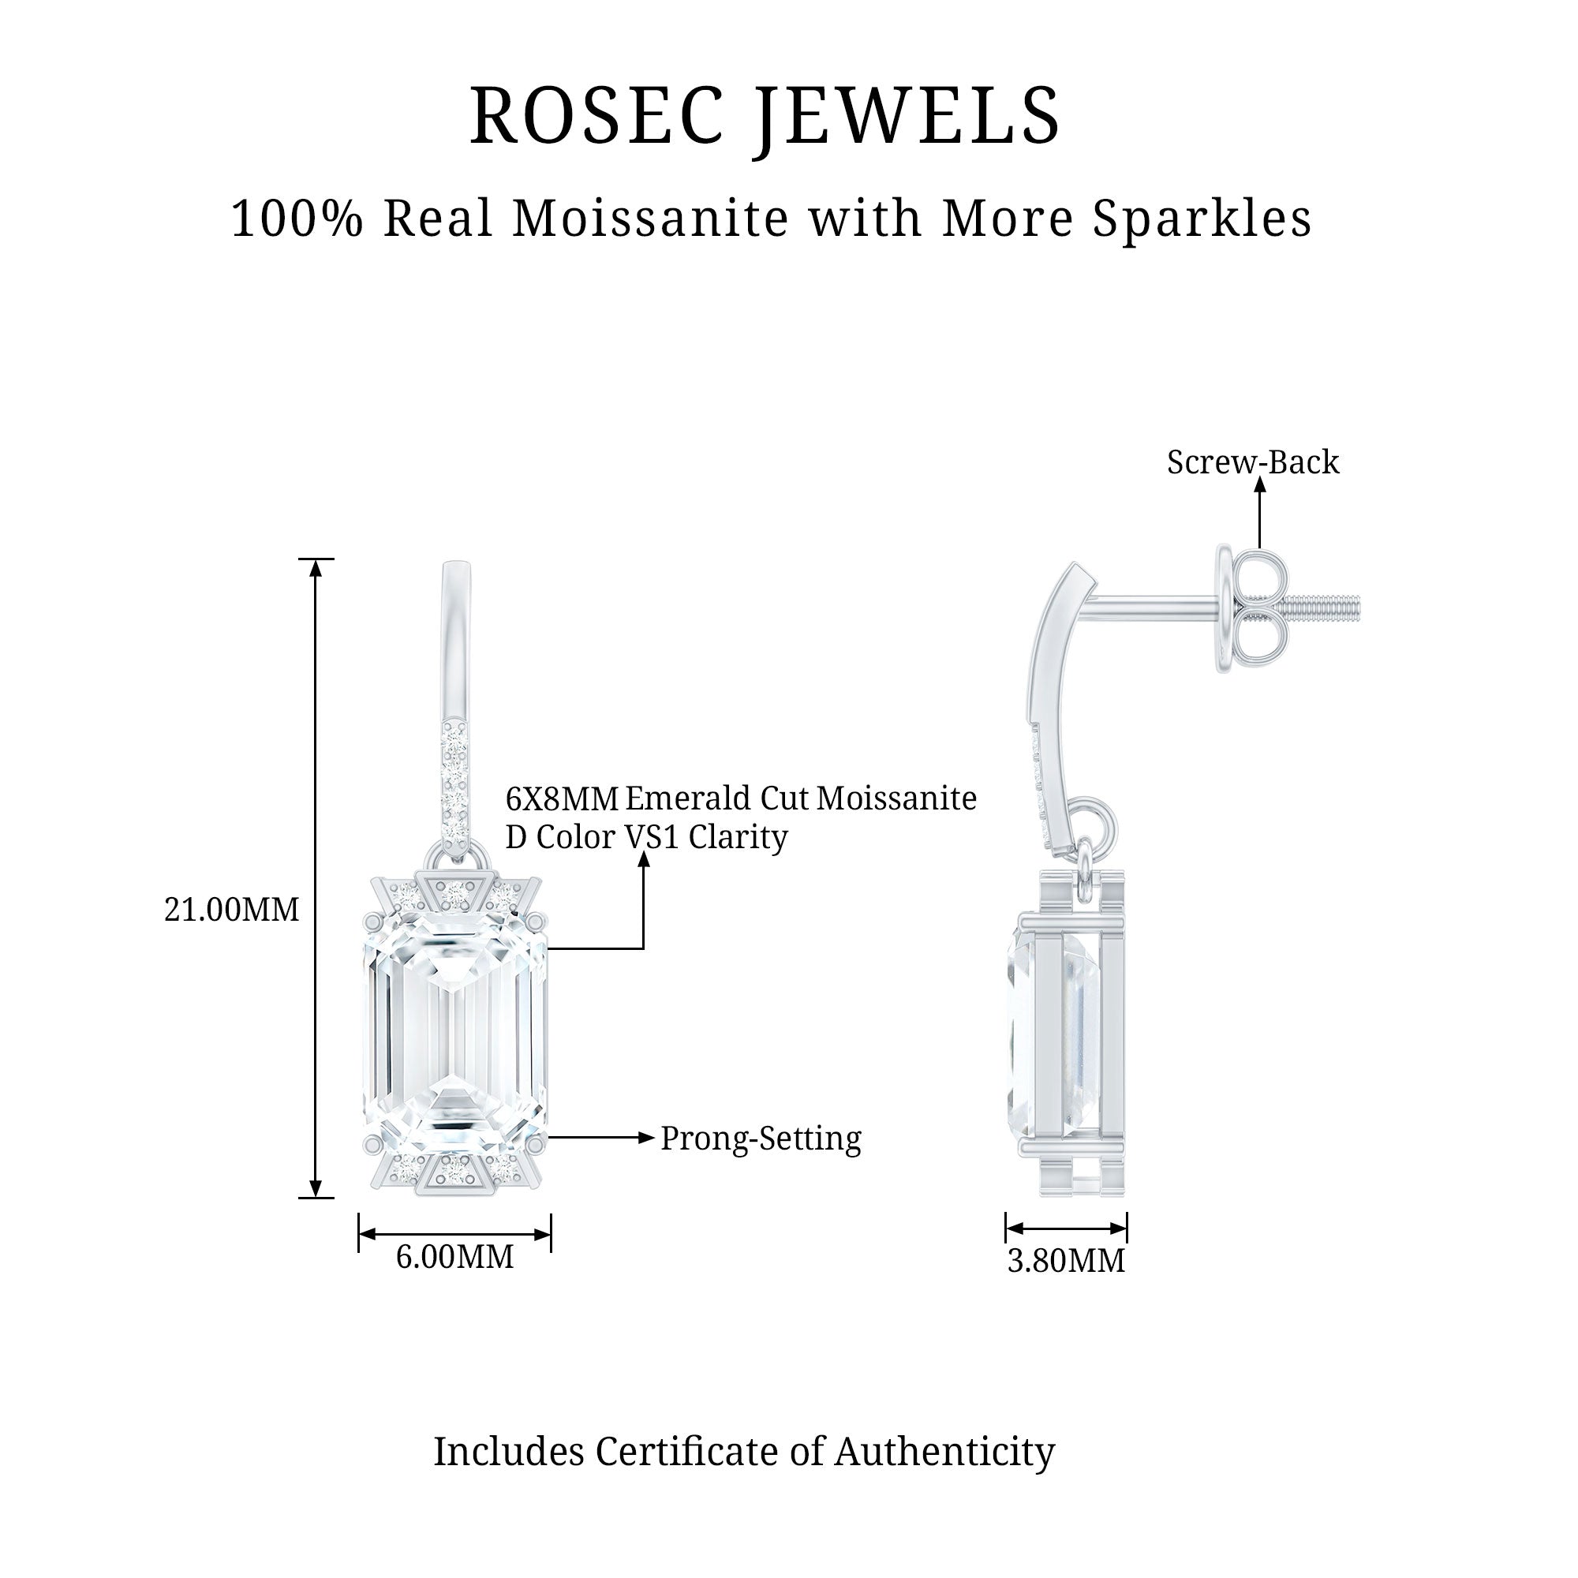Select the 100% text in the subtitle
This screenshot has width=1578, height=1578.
[x=297, y=219]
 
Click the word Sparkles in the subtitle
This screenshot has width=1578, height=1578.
[x=1202, y=219]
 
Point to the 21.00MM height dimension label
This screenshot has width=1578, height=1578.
[x=232, y=909]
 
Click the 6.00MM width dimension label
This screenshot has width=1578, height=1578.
[x=455, y=1256]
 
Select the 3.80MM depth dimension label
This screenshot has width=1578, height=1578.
[x=1066, y=1260]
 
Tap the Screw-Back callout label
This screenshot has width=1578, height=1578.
[x=1253, y=462]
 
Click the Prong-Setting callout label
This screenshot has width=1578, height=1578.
[x=761, y=1139]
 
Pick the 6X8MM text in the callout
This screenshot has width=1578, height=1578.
[x=562, y=798]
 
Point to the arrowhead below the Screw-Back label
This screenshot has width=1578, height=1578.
[x=1259, y=484]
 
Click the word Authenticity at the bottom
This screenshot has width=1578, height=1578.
[x=944, y=1452]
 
